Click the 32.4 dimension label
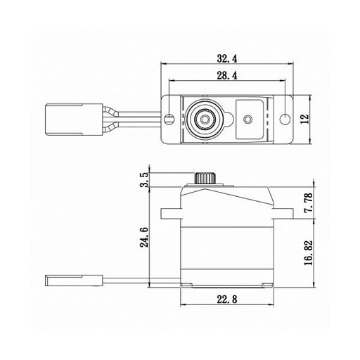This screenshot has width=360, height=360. pyautogui.click(x=227, y=58)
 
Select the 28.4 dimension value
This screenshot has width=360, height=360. pyautogui.click(x=227, y=75)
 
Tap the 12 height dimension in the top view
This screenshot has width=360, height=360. pyautogui.click(x=304, y=119)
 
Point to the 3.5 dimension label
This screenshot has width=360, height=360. pyautogui.click(x=144, y=180)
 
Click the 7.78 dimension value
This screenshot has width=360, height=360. pyautogui.click(x=309, y=202)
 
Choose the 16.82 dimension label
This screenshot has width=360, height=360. pyautogui.click(x=309, y=252)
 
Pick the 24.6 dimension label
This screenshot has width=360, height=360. pyautogui.click(x=144, y=237)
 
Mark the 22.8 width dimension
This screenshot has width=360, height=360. pyautogui.click(x=227, y=300)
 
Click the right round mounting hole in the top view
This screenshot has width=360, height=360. pyautogui.click(x=285, y=119)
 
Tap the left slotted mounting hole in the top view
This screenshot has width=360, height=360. pyautogui.click(x=169, y=119)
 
